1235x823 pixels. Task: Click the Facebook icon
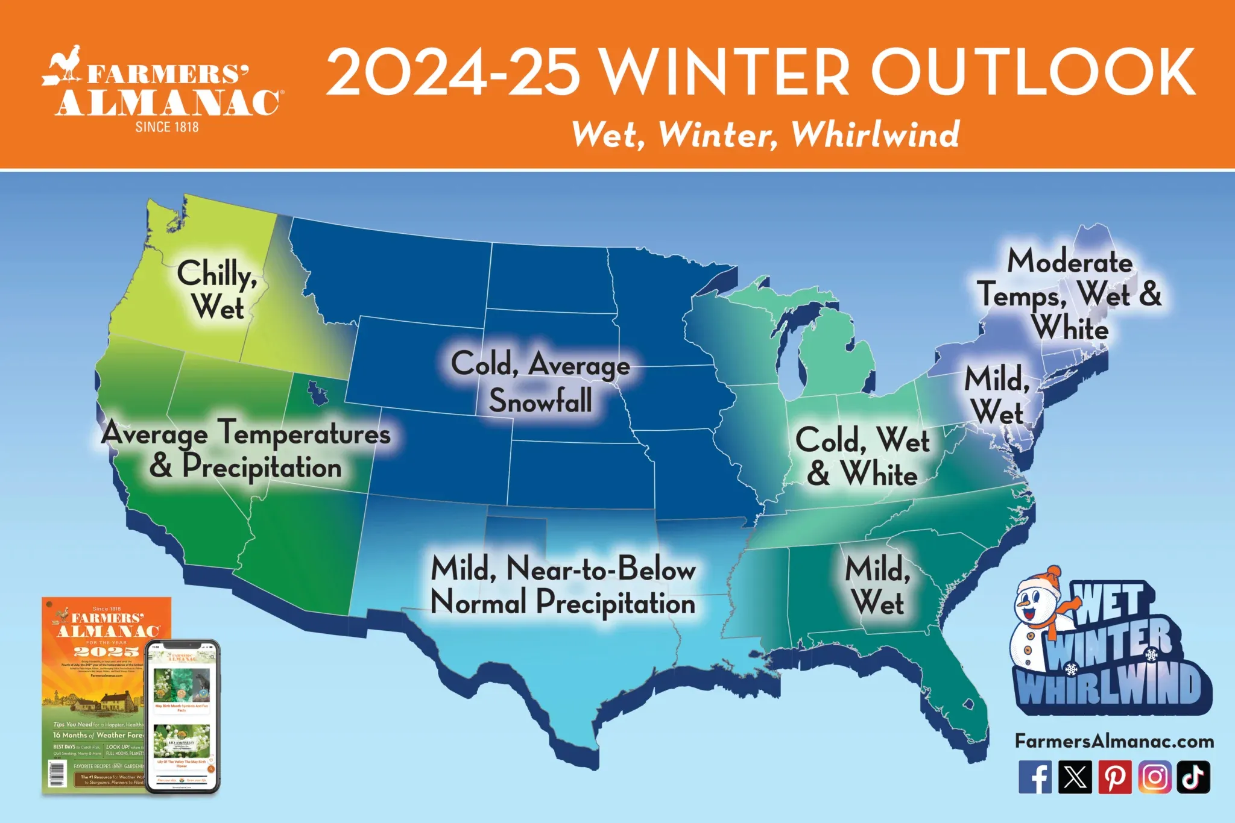coord(1035,777)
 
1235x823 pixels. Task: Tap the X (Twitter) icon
coord(1075,777)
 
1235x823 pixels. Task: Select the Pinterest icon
coord(1114,777)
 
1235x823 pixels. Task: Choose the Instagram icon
coord(1155,777)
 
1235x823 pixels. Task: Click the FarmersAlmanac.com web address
coord(1114,741)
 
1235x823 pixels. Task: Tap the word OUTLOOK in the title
coord(1032,72)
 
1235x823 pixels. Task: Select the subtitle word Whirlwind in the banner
coord(876,134)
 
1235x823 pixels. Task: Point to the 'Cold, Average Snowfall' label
coord(540,382)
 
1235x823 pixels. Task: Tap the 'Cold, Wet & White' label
coord(862,456)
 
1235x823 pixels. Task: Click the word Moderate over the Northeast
coord(1070,261)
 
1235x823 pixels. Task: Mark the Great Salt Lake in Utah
coord(317,393)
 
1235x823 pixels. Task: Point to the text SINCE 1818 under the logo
coord(167,127)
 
